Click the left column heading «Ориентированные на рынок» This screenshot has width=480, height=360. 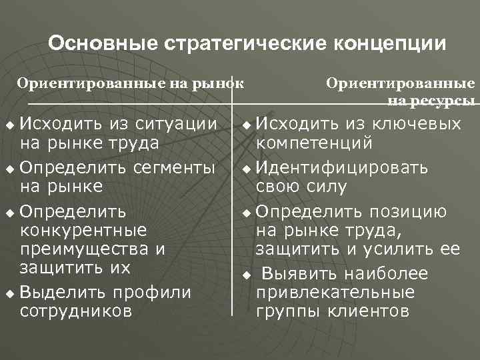tap(131, 84)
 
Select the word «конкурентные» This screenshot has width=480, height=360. tap(84, 231)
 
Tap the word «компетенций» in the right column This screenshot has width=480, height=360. tap(315, 143)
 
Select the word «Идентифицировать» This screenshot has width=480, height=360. tap(343, 167)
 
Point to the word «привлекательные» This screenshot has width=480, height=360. tap(335, 293)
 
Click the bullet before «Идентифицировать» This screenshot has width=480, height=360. tap(247, 167)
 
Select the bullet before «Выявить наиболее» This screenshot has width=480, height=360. tap(247, 275)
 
